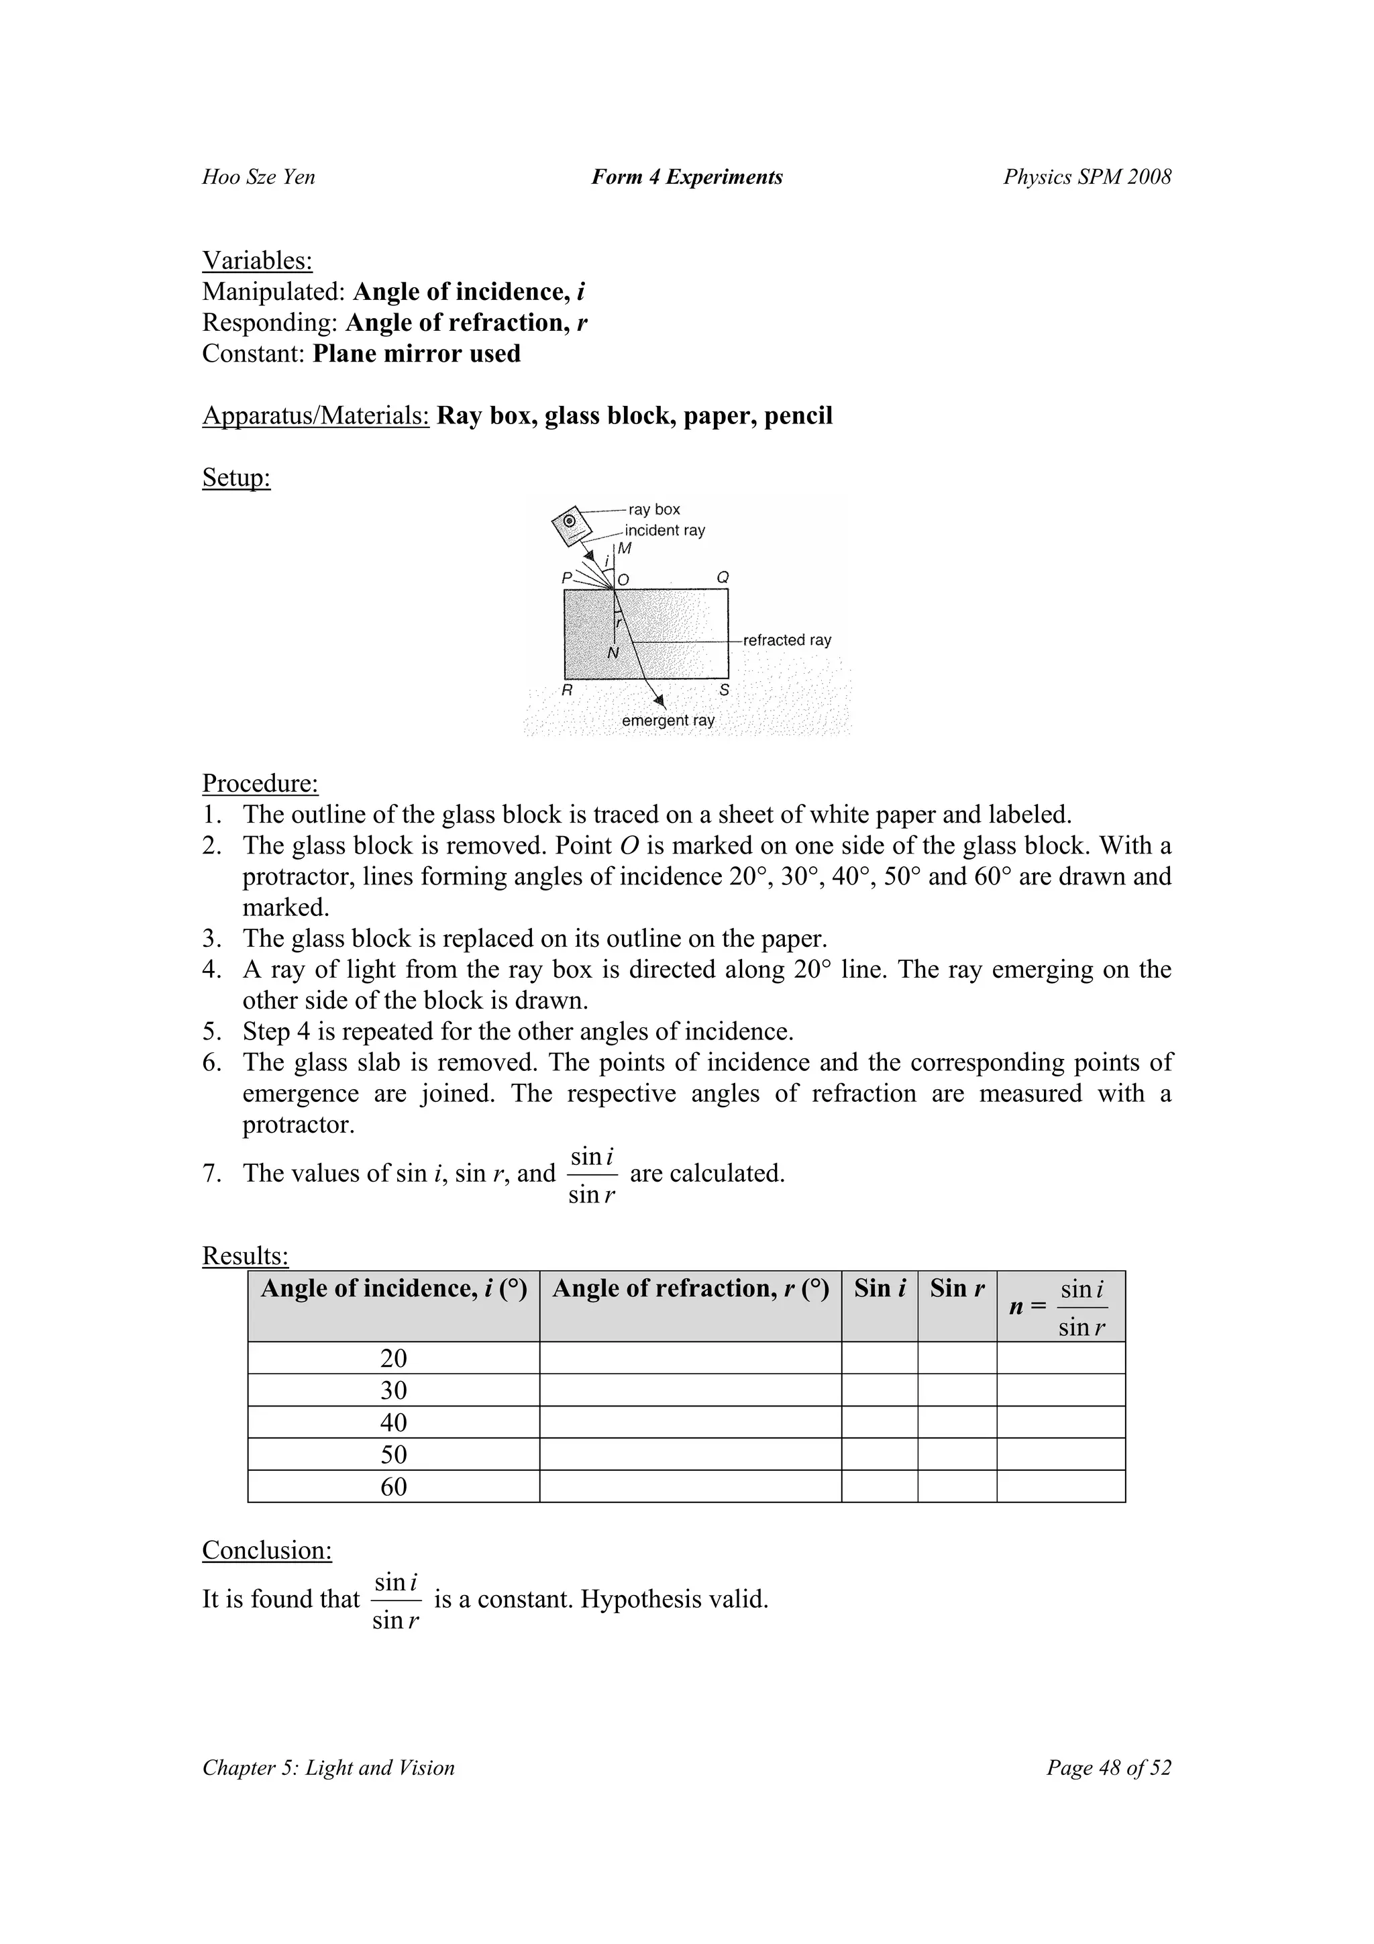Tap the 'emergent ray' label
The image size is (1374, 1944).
tap(668, 721)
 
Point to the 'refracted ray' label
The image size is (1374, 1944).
tap(786, 640)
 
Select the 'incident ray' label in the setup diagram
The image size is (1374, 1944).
tap(665, 531)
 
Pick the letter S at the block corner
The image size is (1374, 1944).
tap(724, 690)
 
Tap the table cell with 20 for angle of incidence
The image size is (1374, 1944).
tap(394, 1359)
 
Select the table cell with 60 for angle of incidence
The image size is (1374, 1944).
tap(394, 1487)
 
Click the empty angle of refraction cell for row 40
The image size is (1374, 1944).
tap(690, 1423)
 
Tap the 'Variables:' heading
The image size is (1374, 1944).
tap(258, 261)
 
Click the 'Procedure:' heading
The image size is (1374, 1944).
tap(260, 784)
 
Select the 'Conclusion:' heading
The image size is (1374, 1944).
tap(266, 1550)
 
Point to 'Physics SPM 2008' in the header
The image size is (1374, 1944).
tap(1087, 177)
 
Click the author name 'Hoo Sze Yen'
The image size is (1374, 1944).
tap(258, 177)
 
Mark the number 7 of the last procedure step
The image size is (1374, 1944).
tap(210, 1174)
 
